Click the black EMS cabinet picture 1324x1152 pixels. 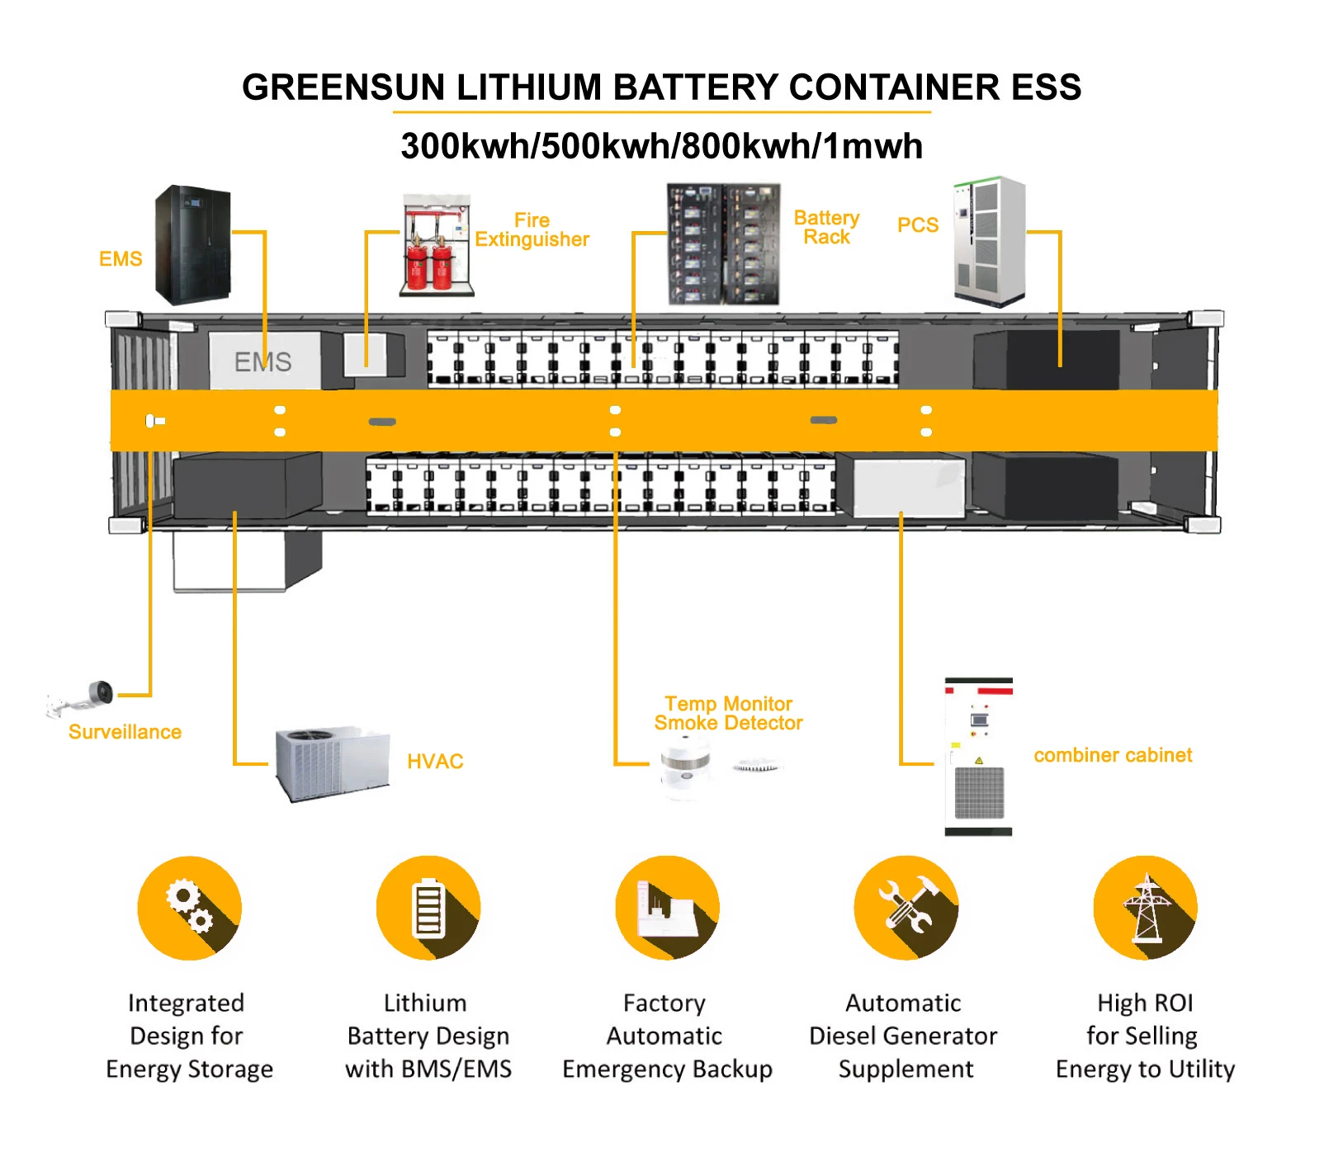coord(193,244)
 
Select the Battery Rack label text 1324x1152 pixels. coord(826,228)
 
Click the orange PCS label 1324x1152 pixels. coord(918,225)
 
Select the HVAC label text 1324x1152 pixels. coord(435,762)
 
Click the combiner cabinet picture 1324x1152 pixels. coord(979,757)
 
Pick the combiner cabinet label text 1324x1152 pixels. coord(1113,755)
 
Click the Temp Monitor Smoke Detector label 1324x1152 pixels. coord(728,714)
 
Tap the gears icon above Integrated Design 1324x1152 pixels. coord(190,908)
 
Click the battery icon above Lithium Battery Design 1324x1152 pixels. coord(428,908)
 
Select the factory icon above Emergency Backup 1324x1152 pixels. coord(667,908)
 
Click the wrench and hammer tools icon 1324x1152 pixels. coord(906,908)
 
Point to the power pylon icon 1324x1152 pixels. coord(1145,908)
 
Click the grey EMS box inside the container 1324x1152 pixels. coord(263,361)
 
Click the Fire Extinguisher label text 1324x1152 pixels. coord(532,230)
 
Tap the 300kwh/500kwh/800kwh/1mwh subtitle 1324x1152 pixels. coord(661,146)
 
